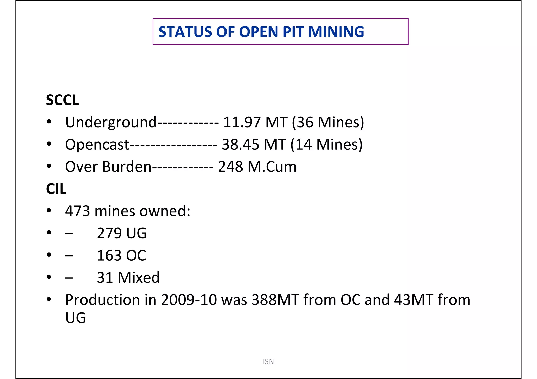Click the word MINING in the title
click(x=336, y=32)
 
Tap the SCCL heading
click(x=62, y=100)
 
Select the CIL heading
click(x=56, y=189)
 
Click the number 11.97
click(x=242, y=122)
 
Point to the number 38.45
click(x=240, y=144)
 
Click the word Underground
click(x=111, y=122)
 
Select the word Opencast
click(x=97, y=144)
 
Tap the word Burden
click(x=127, y=167)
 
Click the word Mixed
click(x=138, y=277)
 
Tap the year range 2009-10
click(x=189, y=300)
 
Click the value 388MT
click(x=275, y=300)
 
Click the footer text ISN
click(x=268, y=361)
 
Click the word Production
click(x=103, y=300)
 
